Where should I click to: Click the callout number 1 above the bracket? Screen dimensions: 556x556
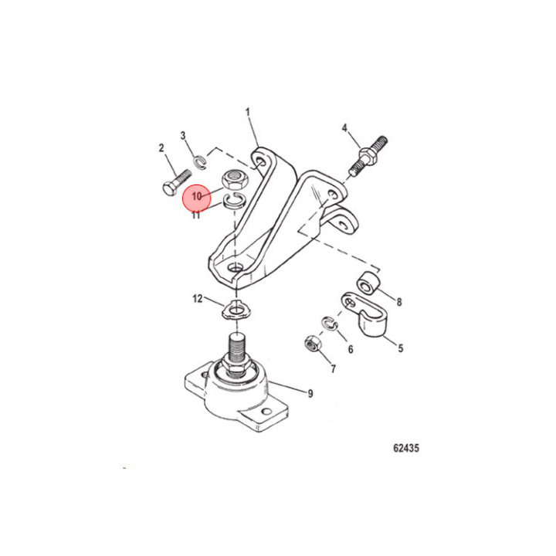coord(248,113)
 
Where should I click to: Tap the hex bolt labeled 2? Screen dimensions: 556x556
coord(177,183)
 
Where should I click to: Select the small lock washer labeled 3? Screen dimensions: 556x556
coord(200,161)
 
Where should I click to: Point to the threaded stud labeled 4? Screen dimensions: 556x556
coord(368,155)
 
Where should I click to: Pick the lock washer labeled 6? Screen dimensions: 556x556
coord(330,324)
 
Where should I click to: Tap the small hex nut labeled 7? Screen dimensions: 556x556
coord(313,343)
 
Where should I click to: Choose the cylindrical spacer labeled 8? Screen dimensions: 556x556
coord(368,283)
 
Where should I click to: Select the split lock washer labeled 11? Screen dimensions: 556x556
coord(235,202)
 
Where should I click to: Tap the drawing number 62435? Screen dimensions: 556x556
coord(406,448)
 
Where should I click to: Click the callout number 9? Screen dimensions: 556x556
coord(310,393)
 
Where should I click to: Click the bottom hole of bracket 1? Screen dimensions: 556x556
coord(235,269)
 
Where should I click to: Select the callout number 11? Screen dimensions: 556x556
coord(196,215)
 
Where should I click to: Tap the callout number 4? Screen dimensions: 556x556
coord(344,128)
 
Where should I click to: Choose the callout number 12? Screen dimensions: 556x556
coord(198,299)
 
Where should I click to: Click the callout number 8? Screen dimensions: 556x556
coord(399,302)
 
